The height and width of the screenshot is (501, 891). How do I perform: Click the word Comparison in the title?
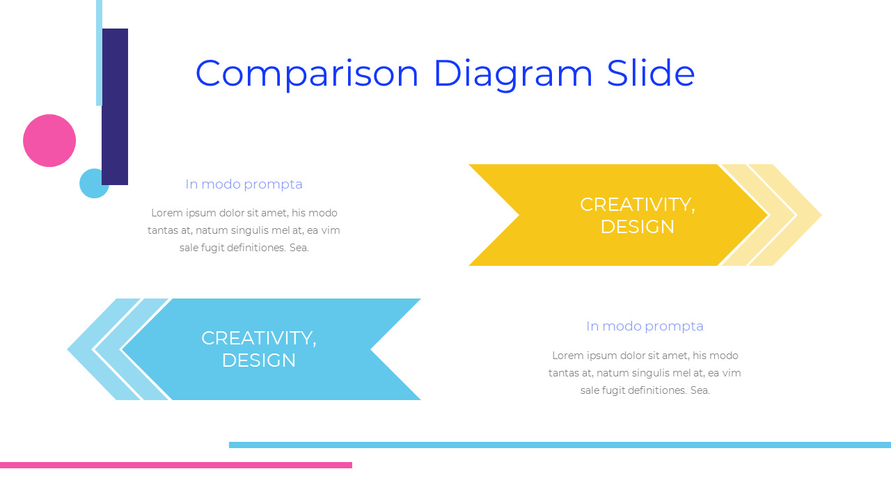point(307,74)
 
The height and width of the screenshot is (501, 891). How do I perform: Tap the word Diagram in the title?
point(513,74)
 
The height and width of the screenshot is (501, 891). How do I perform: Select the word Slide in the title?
point(650,72)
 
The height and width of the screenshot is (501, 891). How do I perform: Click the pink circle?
point(49,141)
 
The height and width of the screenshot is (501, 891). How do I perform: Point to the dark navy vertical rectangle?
point(115,106)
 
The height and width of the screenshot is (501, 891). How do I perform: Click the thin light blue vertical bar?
point(99,52)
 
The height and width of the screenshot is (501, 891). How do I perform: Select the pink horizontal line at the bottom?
point(175,465)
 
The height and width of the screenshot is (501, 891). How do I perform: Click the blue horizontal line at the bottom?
point(560,445)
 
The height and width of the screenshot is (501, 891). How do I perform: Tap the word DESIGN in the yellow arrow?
point(637,227)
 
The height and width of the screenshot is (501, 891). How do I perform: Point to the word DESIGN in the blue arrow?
point(258,360)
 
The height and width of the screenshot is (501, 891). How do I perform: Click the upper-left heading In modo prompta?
point(244,184)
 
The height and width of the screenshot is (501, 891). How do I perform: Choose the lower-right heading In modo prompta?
point(645,326)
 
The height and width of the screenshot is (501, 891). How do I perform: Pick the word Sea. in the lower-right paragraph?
point(700,390)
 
